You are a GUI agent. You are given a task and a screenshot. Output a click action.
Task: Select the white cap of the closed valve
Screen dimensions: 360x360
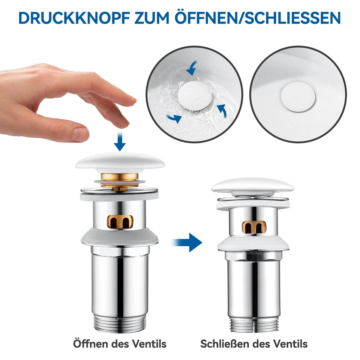pos(252,186)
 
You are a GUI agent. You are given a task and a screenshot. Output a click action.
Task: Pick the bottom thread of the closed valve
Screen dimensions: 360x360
pos(252,324)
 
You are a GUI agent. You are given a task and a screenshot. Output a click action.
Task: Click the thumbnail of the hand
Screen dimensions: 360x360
pos(79,134)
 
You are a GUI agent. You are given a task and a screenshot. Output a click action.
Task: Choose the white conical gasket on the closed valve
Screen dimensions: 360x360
pos(252,244)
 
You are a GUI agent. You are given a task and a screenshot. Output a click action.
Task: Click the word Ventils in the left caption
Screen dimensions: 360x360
pos(148,343)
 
